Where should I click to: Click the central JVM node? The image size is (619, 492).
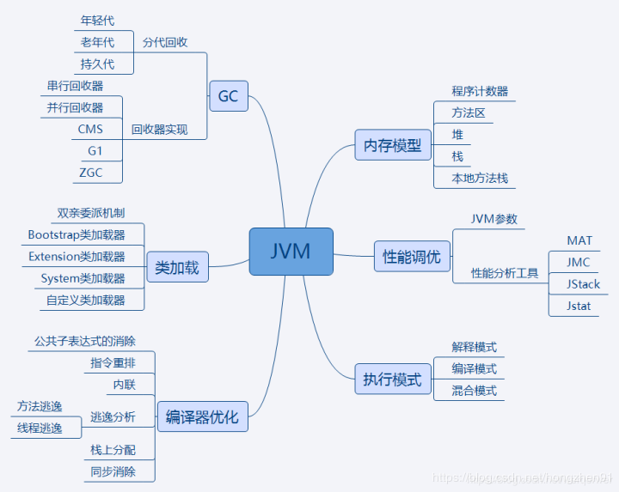(291, 252)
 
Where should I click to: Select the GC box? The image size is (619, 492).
(228, 96)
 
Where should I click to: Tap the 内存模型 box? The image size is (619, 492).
(393, 145)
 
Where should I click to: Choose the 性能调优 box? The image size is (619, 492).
(412, 257)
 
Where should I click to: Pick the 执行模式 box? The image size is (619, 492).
(393, 380)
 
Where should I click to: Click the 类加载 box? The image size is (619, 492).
(177, 267)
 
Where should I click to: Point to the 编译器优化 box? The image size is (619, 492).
(202, 418)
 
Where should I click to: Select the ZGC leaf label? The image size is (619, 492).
(89, 173)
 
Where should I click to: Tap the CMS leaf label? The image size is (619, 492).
(89, 129)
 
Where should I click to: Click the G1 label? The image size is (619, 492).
(95, 150)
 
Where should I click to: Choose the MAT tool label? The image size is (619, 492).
(579, 240)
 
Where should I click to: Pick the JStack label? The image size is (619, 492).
(583, 284)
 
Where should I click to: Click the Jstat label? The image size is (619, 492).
(579, 306)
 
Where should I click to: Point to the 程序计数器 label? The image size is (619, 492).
(480, 91)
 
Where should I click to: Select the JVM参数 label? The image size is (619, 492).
(494, 219)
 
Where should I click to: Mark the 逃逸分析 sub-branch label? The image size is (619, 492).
(113, 417)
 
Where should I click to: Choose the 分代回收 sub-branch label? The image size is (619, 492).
(165, 42)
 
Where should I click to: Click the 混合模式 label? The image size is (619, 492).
(475, 391)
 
